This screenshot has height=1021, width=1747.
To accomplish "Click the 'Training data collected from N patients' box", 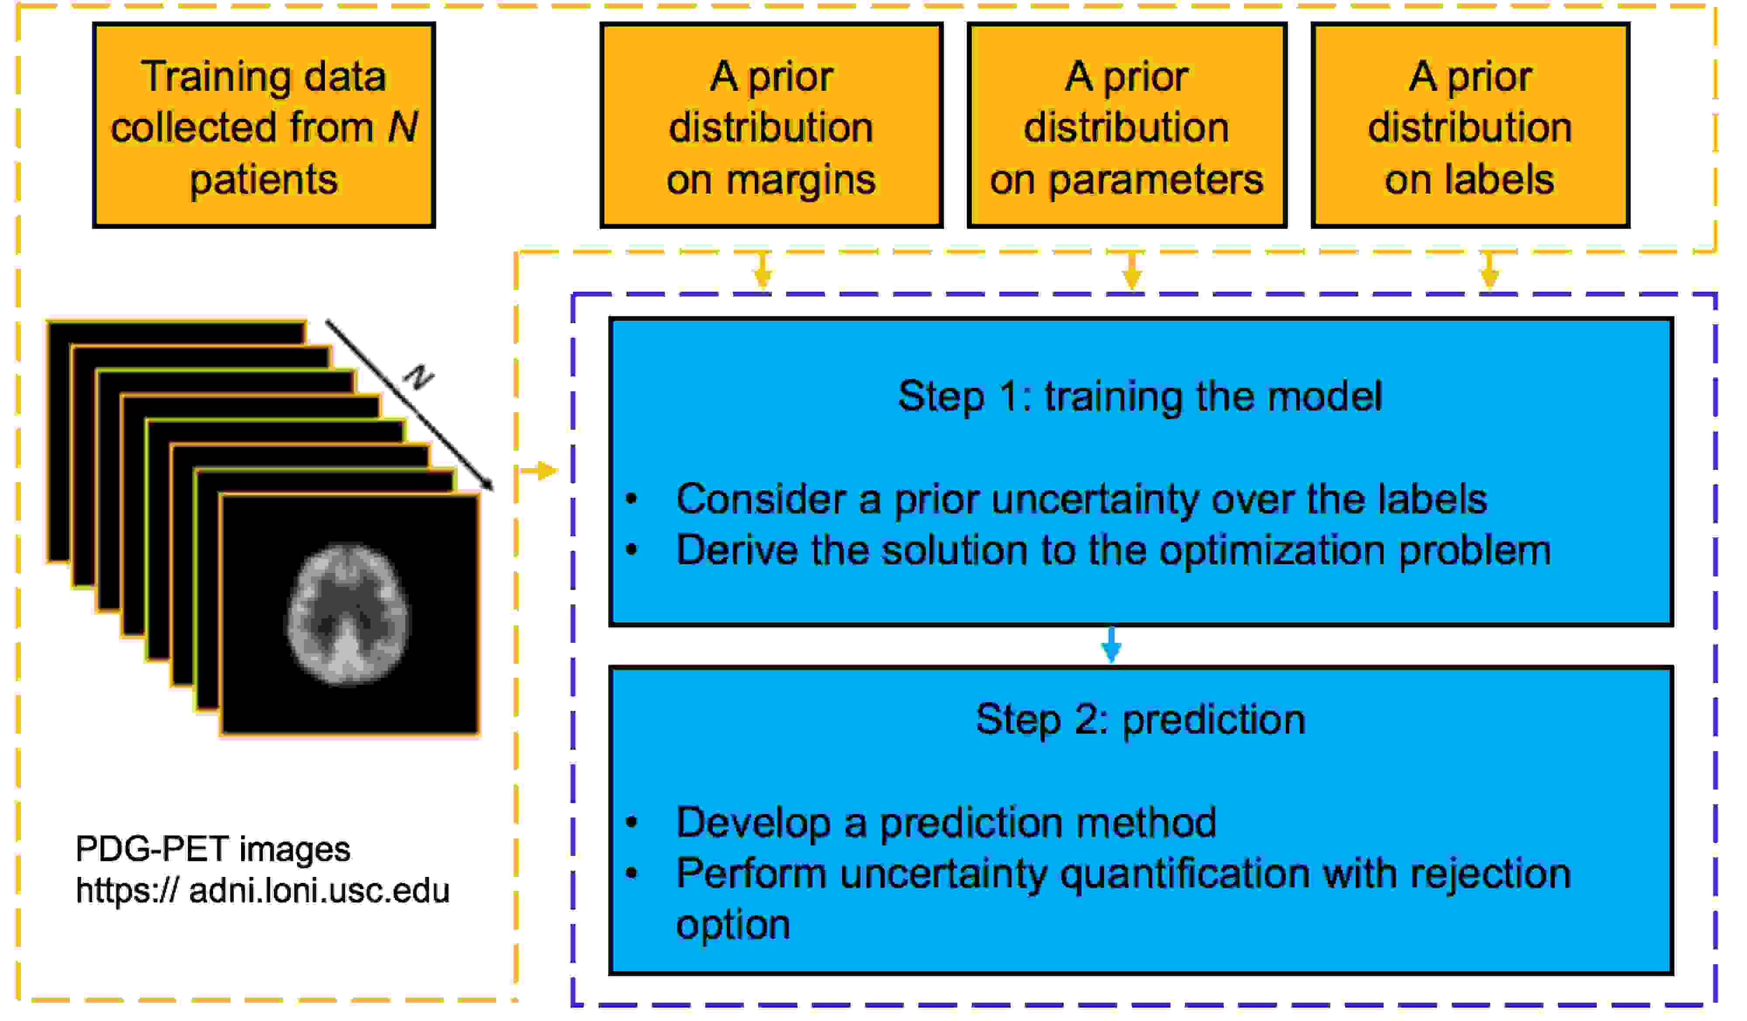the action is coord(264,125).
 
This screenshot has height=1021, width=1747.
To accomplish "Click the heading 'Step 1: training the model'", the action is coord(1140,397).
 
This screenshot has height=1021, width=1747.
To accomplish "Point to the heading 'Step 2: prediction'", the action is coord(1140,720).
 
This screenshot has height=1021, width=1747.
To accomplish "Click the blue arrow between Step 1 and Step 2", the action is coord(1111,645).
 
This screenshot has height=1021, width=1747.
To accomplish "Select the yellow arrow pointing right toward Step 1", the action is coord(539,471).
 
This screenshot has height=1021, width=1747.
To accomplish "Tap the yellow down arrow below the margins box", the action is coord(763,270).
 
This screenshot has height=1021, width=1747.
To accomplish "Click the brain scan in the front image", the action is coord(348,614).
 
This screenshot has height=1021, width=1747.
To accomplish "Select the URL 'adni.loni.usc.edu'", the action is coord(319,891).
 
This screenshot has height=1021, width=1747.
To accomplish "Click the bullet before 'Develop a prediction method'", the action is coord(631,823).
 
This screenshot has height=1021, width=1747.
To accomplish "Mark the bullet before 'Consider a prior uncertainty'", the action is coord(631,498).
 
